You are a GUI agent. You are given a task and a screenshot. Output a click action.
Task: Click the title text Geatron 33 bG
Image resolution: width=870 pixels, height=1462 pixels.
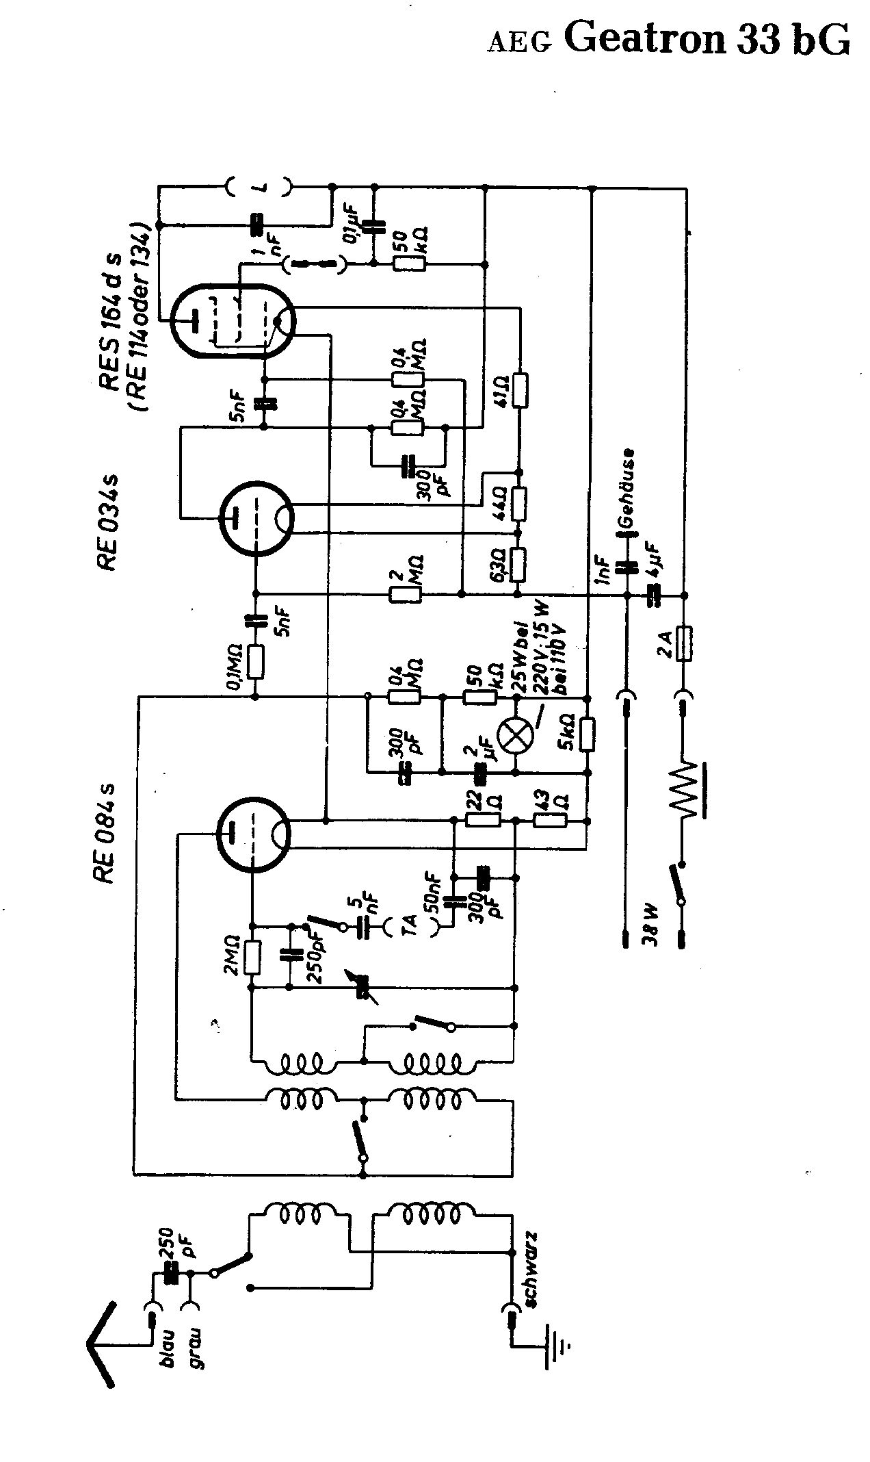(708, 40)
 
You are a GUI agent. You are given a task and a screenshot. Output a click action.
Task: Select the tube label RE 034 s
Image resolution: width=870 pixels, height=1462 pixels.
(109, 523)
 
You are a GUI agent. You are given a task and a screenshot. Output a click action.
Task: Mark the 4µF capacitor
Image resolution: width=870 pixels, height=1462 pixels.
(655, 595)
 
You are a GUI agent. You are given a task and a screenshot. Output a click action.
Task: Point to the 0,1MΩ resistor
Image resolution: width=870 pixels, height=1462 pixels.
(256, 663)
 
